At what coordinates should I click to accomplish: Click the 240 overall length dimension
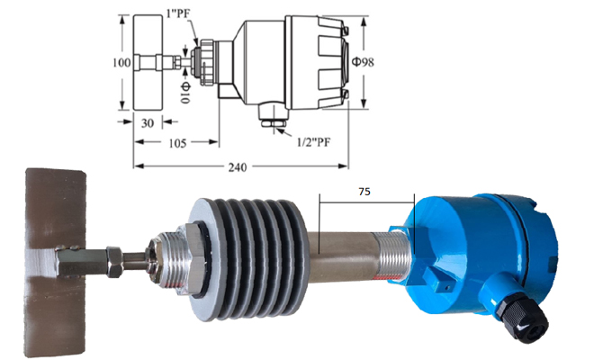[238, 166]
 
